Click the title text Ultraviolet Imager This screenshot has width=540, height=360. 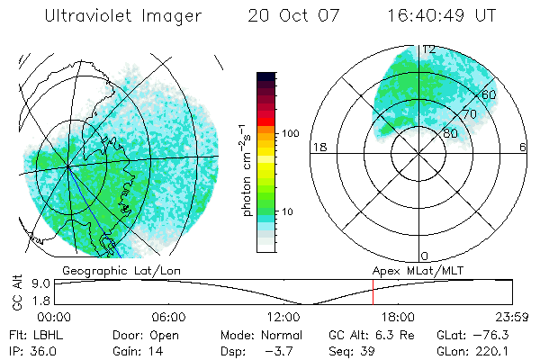[122, 16]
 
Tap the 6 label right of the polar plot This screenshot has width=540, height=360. [523, 148]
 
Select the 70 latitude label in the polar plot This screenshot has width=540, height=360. [470, 115]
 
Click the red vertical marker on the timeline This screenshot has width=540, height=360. [373, 293]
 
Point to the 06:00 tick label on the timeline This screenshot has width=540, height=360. [168, 317]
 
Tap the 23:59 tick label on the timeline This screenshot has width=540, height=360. [511, 317]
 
